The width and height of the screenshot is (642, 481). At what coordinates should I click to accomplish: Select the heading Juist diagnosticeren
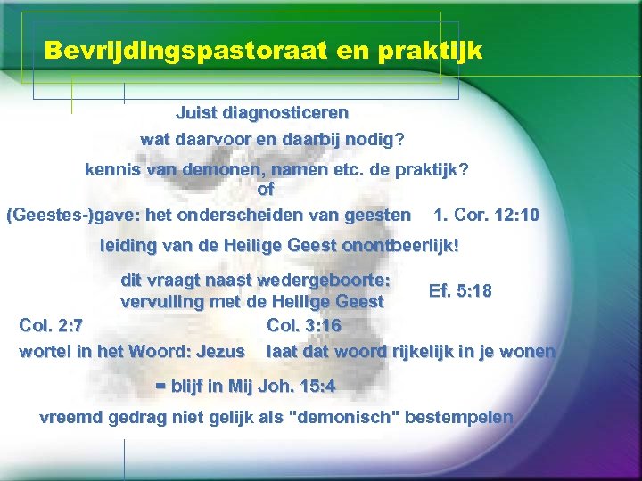tap(262, 114)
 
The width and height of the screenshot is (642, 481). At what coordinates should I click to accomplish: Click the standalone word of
tap(266, 189)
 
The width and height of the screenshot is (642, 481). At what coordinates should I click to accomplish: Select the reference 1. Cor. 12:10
tap(486, 215)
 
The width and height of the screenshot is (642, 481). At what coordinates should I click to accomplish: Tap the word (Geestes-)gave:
tap(62, 215)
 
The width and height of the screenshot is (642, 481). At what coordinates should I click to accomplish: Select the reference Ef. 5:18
tap(460, 291)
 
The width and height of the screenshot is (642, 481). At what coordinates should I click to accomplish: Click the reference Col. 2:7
tap(52, 325)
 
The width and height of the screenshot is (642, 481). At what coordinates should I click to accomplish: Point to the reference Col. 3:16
tap(304, 325)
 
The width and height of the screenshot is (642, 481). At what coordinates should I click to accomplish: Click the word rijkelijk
tap(433, 351)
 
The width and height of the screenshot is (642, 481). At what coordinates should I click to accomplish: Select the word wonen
tap(527, 351)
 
